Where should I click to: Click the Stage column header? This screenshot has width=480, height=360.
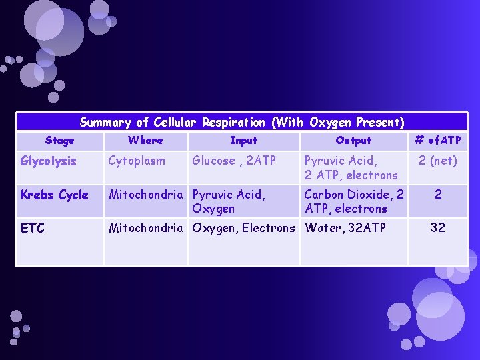59,141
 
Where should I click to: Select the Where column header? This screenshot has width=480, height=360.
145,141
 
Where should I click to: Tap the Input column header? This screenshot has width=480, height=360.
243,141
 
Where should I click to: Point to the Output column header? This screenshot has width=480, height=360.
353,141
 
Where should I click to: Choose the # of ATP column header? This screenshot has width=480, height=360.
437,141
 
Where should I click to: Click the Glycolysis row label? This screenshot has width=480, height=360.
49,161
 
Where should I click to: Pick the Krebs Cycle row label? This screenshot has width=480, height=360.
54,195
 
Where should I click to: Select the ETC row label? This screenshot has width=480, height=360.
33,228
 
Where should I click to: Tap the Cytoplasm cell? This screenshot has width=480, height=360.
137,161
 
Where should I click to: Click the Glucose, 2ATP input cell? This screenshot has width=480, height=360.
233,161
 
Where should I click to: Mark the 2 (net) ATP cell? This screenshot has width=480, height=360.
437,161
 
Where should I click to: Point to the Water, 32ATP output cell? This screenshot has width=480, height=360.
345,228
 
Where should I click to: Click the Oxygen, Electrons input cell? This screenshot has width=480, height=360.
243,228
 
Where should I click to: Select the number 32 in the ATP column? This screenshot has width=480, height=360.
437,228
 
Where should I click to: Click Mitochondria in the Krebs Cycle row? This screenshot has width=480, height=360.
145,195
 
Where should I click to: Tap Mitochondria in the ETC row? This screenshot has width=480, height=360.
145,228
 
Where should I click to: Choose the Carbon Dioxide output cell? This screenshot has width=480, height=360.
353,201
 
